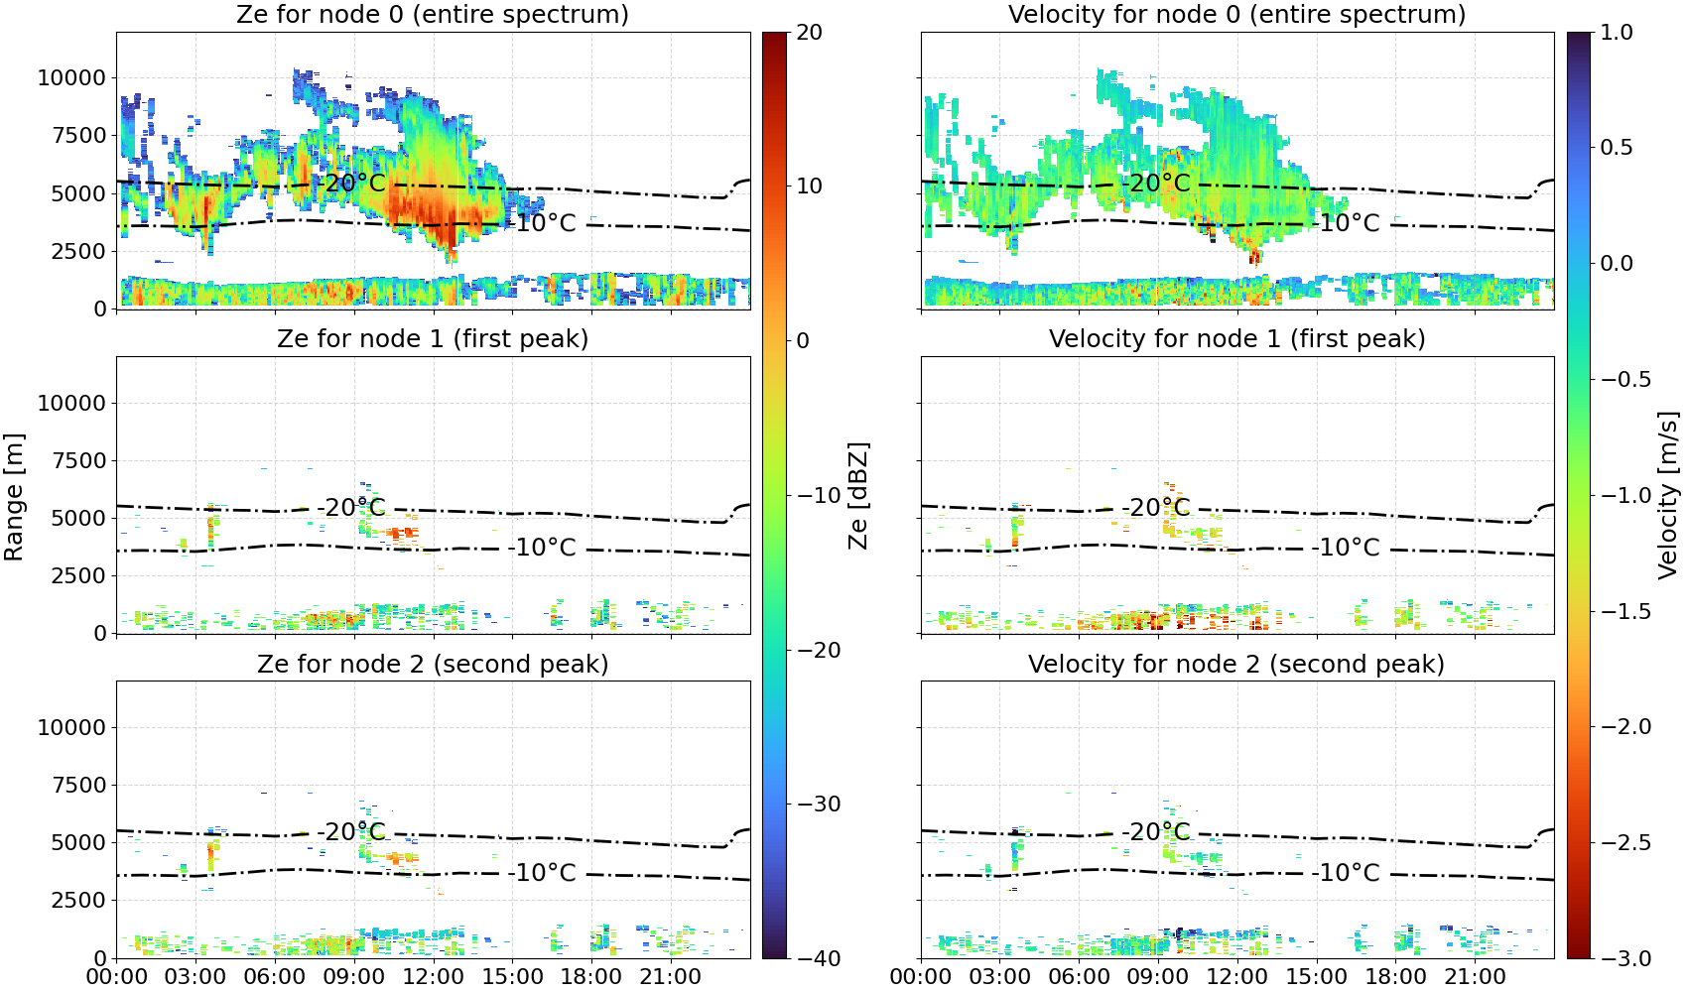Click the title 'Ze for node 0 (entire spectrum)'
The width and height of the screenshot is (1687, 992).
click(433, 14)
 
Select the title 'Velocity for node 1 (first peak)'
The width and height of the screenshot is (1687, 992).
click(1237, 338)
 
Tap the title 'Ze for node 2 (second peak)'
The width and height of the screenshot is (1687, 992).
click(433, 664)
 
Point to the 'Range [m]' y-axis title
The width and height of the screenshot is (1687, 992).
click(14, 497)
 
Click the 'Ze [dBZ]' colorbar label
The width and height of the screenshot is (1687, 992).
click(857, 495)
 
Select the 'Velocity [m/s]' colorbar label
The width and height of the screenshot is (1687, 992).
click(1669, 495)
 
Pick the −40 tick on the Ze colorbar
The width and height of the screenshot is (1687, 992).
click(819, 958)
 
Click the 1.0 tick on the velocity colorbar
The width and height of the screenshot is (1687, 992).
click(1617, 33)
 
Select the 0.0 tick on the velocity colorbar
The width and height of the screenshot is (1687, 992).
click(1617, 264)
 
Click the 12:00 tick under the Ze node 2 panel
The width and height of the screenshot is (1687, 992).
click(434, 977)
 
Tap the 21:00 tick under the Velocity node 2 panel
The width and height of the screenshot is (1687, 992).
click(1475, 977)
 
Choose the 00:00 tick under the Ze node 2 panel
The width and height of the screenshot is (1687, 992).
click(117, 977)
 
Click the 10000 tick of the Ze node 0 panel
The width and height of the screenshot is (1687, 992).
click(71, 77)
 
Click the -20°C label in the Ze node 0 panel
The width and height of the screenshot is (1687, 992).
click(351, 183)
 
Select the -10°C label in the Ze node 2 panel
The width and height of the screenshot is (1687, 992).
click(542, 872)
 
